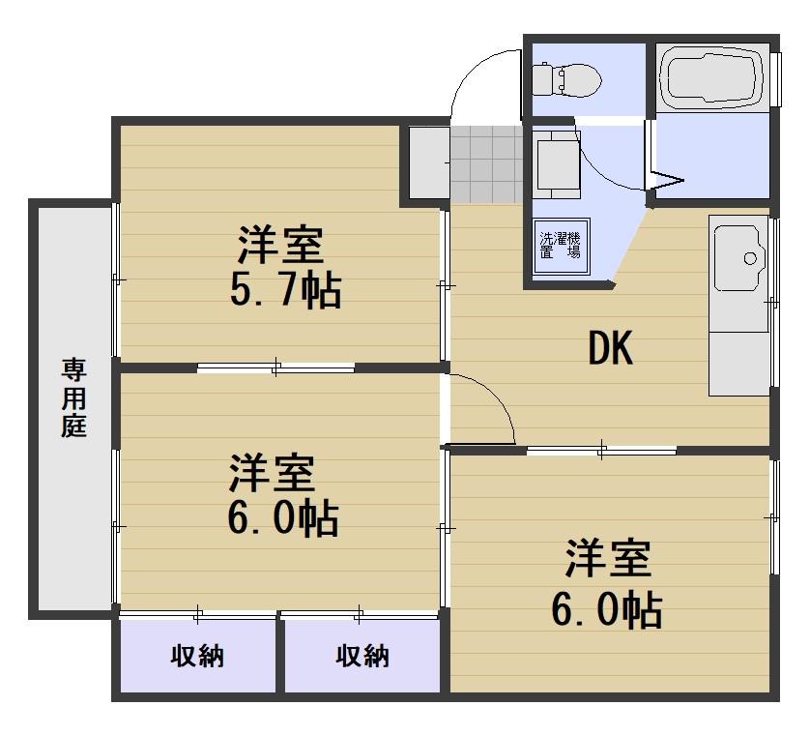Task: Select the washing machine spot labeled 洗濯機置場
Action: [x=560, y=244]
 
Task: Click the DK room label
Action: [x=611, y=350]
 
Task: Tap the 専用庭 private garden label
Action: [x=74, y=397]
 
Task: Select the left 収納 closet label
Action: [x=198, y=657]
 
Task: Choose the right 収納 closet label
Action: [x=362, y=657]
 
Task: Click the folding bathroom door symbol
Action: [x=667, y=179]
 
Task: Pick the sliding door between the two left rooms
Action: [x=276, y=367]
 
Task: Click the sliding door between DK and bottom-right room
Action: [x=601, y=449]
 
